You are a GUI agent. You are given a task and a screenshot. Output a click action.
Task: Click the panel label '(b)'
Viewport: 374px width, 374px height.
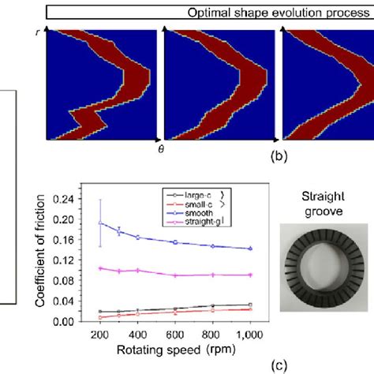click(279, 157)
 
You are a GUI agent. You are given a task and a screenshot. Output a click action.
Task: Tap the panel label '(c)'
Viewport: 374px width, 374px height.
click(279, 364)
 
